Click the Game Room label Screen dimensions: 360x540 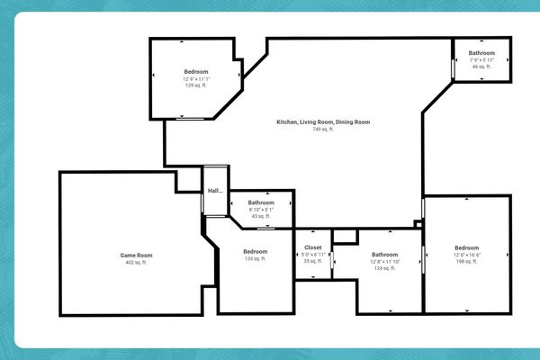point(134,256)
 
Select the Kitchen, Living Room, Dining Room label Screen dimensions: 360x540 point(323,122)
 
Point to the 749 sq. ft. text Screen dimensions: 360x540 point(323,130)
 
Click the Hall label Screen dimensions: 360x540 point(215,191)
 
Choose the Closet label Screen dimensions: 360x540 point(313,247)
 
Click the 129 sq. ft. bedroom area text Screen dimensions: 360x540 point(197,85)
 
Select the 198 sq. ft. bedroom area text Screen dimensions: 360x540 point(467,262)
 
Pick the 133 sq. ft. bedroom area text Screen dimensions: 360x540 point(256,258)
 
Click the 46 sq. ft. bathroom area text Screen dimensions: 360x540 point(481,67)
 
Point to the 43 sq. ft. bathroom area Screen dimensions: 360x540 point(261,216)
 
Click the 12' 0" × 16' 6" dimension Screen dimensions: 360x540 point(467,256)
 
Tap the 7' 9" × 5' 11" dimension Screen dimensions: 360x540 point(481,60)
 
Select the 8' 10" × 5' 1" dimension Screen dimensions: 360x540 point(261,210)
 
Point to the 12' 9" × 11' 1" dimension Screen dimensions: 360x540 point(197,79)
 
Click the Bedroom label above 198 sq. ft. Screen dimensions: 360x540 point(467,248)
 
